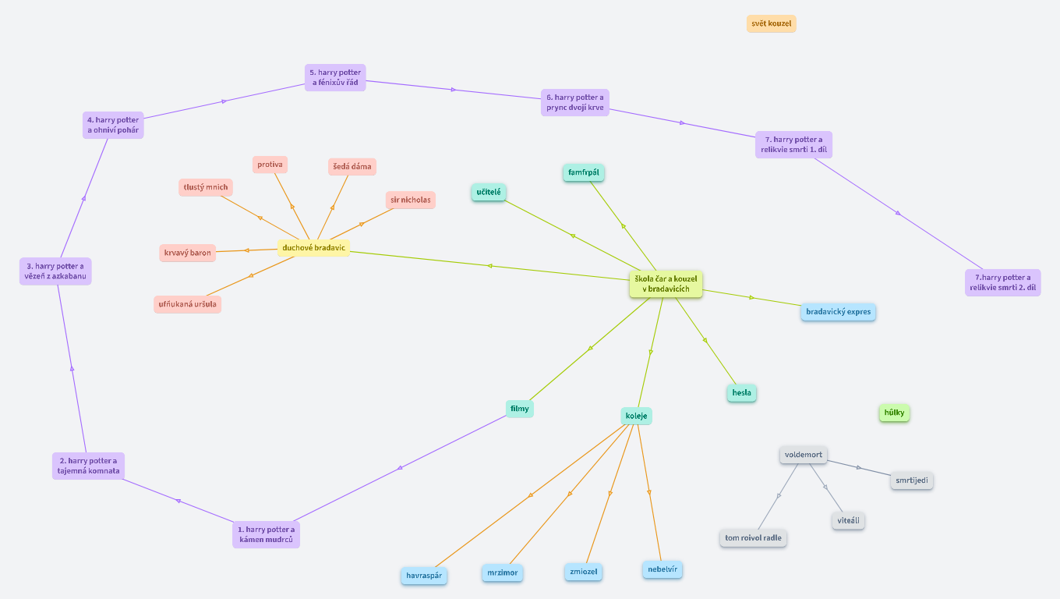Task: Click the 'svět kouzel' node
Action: click(x=771, y=23)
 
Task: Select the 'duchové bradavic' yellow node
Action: click(x=313, y=248)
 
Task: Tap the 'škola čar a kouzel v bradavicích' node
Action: click(x=666, y=284)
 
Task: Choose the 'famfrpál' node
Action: click(x=584, y=172)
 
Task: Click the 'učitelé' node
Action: click(x=489, y=192)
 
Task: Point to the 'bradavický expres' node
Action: click(x=838, y=312)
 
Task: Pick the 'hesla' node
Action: click(x=741, y=393)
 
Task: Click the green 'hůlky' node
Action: click(x=894, y=413)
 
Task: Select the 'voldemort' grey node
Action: click(x=803, y=455)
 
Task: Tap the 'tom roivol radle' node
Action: click(x=753, y=538)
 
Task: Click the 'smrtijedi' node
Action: click(x=911, y=480)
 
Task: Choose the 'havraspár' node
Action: click(x=424, y=576)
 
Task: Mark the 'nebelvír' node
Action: click(x=662, y=569)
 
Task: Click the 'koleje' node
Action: click(x=636, y=416)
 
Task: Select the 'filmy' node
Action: click(x=519, y=409)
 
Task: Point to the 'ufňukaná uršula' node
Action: click(x=187, y=304)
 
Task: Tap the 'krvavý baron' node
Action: click(x=187, y=253)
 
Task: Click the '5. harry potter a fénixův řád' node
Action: click(x=334, y=78)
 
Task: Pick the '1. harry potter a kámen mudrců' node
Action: click(x=266, y=535)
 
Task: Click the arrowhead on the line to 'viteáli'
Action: click(x=825, y=487)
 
